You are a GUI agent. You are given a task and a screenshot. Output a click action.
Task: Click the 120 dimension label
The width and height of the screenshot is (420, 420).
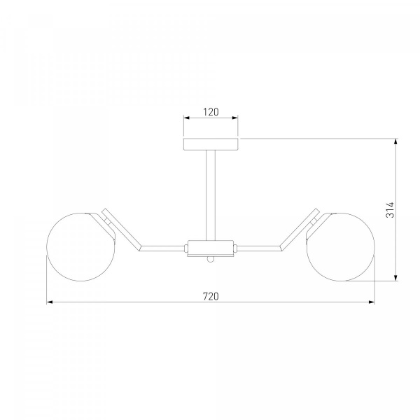[x=211, y=112]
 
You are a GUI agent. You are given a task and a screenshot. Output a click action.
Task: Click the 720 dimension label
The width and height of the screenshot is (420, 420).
[x=211, y=297]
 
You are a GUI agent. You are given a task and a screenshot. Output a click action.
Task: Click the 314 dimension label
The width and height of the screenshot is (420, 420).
[x=391, y=210]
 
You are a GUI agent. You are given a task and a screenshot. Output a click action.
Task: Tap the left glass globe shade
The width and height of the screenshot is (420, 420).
[x=80, y=247]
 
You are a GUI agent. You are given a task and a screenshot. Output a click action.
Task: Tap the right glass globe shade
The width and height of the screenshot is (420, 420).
[x=341, y=247]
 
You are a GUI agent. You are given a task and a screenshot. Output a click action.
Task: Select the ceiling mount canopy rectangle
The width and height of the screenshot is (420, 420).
[x=211, y=144]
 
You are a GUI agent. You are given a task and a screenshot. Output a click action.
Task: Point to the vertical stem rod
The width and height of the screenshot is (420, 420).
[x=211, y=195]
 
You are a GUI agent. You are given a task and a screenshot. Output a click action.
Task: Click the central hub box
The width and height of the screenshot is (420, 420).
[x=211, y=248]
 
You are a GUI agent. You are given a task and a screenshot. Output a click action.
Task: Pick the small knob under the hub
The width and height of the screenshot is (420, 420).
[x=211, y=259]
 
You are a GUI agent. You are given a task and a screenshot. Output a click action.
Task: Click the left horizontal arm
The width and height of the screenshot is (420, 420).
[x=162, y=248]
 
